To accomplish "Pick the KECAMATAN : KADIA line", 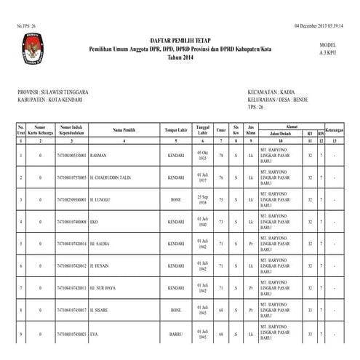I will (x=271, y=92).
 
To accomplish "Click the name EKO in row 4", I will (x=95, y=222).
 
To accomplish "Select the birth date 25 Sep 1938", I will (x=203, y=199).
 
